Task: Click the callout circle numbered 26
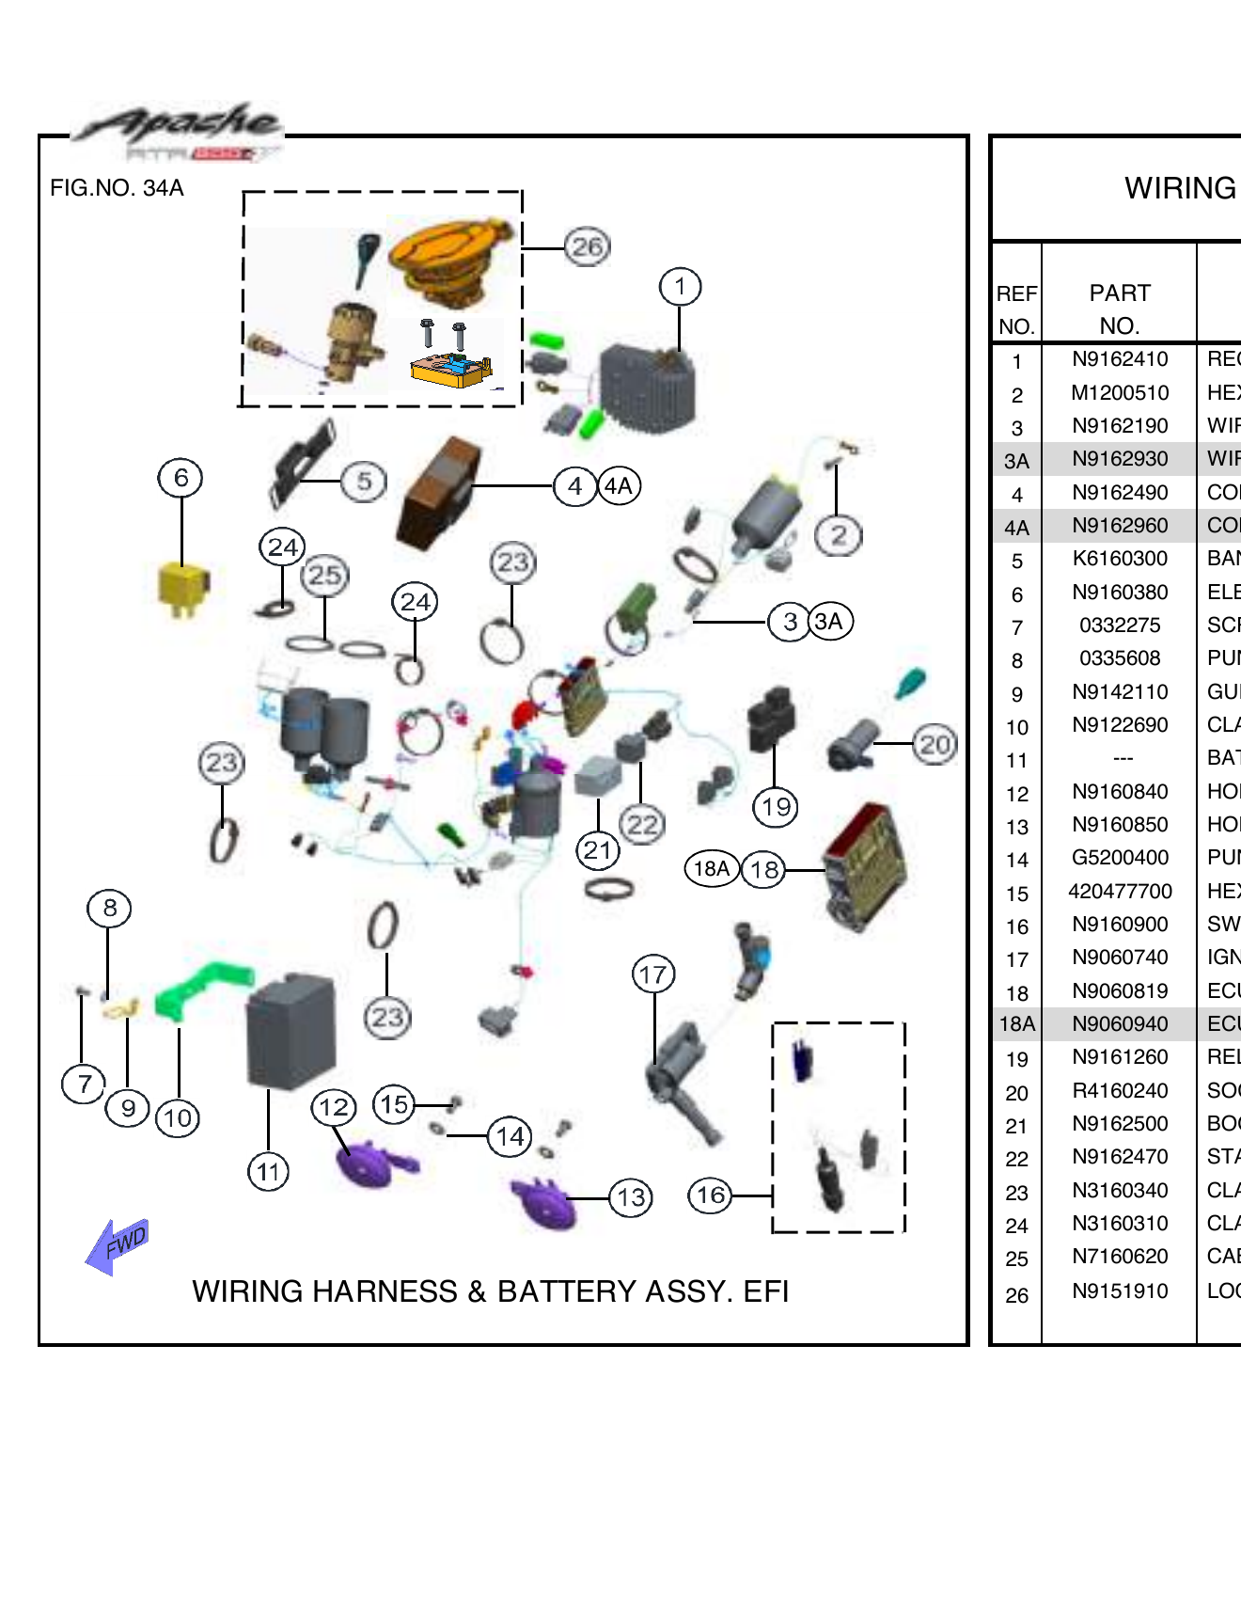587,247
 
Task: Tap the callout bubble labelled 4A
619,486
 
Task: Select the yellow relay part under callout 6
182,589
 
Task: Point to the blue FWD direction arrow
117,1246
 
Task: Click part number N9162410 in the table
1119,359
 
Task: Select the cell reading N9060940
1119,1024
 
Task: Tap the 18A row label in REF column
1016,1024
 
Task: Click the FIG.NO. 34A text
117,188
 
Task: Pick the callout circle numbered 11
268,1172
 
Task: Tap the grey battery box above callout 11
291,1031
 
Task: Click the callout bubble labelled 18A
712,868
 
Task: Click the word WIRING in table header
1179,188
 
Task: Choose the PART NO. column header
1119,309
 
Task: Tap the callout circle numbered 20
935,745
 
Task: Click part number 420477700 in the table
1119,892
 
